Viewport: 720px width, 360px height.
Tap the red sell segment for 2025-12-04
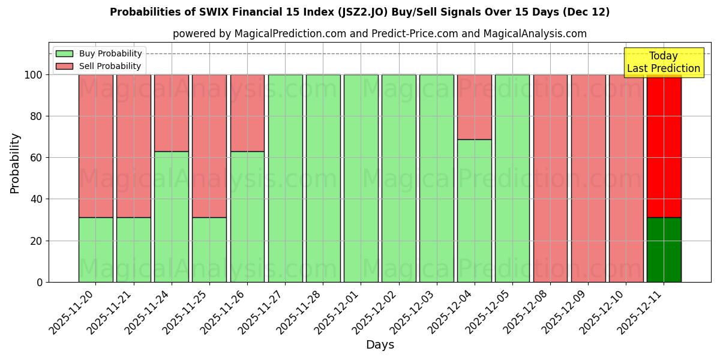(x=474, y=107)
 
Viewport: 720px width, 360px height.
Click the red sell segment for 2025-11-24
(x=172, y=113)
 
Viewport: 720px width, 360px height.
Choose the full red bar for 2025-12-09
(x=588, y=178)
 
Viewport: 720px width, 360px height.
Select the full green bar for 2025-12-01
(x=361, y=178)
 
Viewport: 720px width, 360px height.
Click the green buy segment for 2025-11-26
(x=247, y=217)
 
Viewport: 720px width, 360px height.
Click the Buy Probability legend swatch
(x=64, y=54)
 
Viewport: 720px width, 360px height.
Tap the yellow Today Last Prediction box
(x=664, y=62)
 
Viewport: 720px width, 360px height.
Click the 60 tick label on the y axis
(x=36, y=158)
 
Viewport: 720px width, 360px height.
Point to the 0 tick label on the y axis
(x=40, y=282)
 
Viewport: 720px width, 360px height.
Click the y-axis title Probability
(x=15, y=163)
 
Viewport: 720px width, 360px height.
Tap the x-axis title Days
(x=380, y=345)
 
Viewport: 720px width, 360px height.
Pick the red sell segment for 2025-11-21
(x=133, y=146)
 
